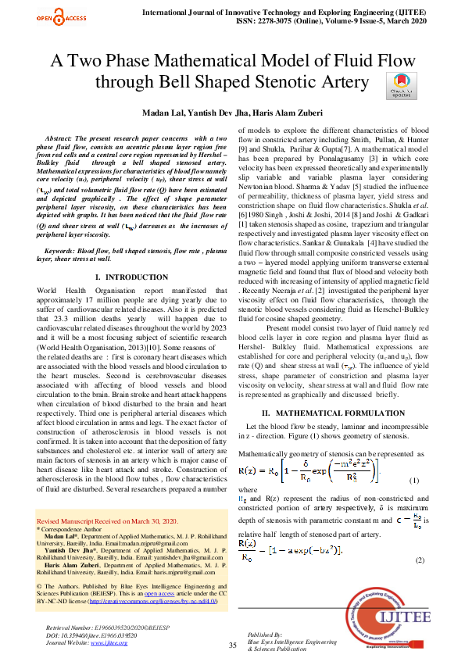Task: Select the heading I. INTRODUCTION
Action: [x=130, y=277]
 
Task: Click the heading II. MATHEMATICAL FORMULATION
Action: [x=333, y=412]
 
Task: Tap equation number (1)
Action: [x=438, y=480]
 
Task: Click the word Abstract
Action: [x=59, y=138]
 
